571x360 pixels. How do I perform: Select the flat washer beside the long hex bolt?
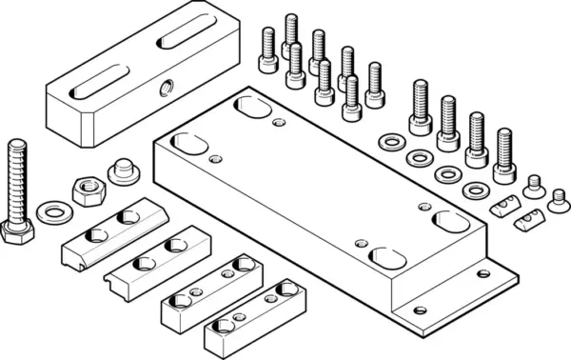tap(54, 209)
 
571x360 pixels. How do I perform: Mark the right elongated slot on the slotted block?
tap(182, 41)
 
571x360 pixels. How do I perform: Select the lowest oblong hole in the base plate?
tap(384, 257)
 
